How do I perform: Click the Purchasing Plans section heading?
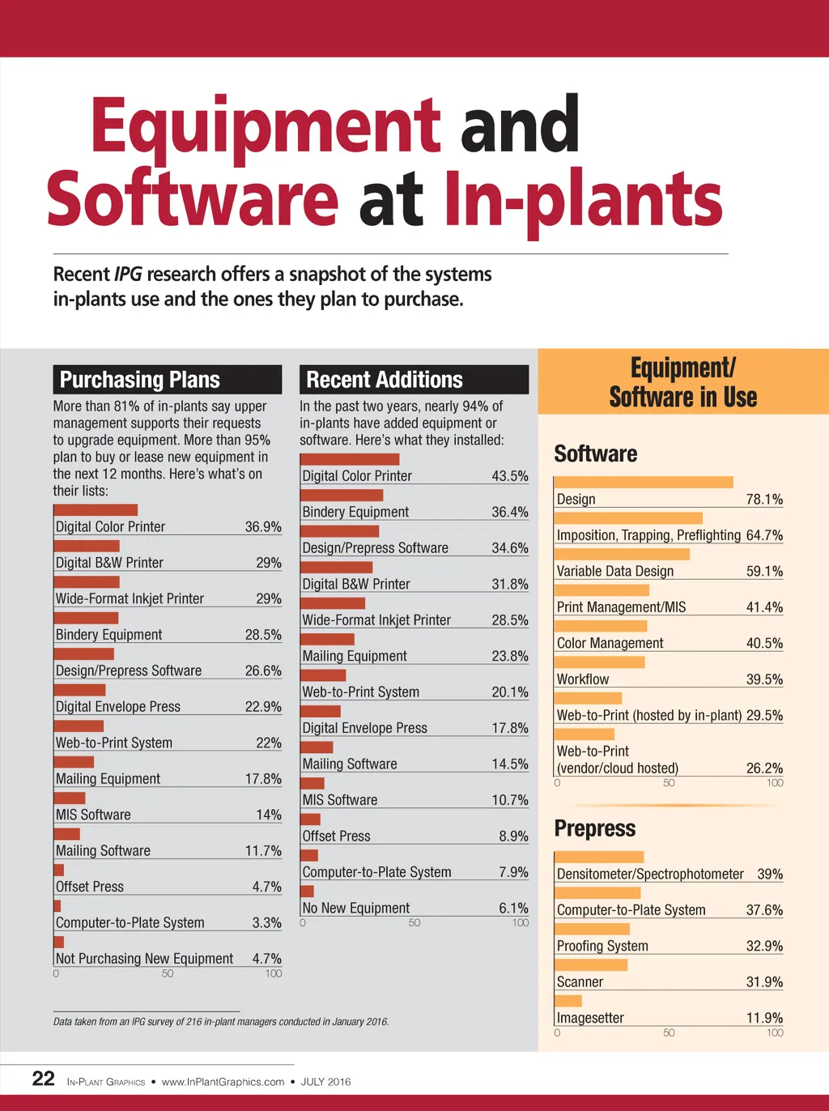(140, 380)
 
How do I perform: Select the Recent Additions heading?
(385, 380)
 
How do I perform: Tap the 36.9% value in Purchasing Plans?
(263, 527)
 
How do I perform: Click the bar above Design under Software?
(644, 483)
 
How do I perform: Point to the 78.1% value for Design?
(764, 500)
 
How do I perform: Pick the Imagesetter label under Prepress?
(590, 1018)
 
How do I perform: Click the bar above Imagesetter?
(569, 1001)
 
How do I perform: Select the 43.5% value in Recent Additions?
(510, 476)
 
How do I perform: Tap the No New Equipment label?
(356, 909)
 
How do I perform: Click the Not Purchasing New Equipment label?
(144, 959)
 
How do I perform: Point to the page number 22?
(43, 1079)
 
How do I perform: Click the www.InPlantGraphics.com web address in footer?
(223, 1082)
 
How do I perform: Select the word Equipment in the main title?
(266, 126)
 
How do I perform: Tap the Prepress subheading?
(595, 829)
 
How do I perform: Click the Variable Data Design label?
(615, 572)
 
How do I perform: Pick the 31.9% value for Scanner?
(764, 982)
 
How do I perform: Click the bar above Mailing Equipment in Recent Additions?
(327, 640)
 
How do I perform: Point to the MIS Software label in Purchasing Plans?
(93, 815)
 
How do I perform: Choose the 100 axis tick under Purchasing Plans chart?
(274, 973)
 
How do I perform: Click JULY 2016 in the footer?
(325, 1082)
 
